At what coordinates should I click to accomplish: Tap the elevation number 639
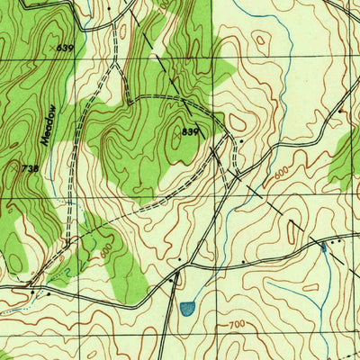[x=63, y=47]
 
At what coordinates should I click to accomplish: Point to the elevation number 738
[x=29, y=167]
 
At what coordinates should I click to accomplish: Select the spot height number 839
[x=188, y=131]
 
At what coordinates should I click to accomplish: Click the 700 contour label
[x=237, y=321]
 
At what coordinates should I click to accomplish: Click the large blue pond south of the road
[x=186, y=309]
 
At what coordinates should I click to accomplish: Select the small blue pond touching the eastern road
[x=323, y=247]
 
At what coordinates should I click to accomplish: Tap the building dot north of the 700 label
[x=244, y=262]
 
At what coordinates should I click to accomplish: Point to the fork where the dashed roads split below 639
[x=115, y=68]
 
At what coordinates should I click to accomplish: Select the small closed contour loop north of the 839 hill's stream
[x=261, y=40]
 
